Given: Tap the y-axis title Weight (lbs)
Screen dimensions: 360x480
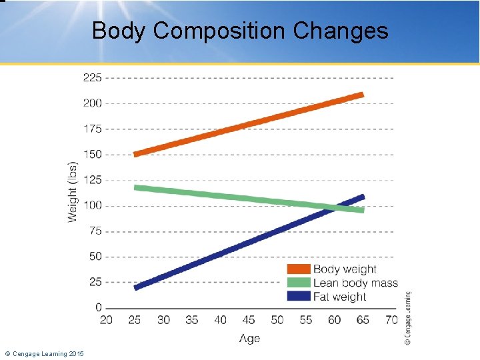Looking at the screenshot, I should pos(73,191).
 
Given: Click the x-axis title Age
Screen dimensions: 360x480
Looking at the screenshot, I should pos(249,339).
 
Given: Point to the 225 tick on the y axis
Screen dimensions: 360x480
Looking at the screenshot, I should pos(93,77).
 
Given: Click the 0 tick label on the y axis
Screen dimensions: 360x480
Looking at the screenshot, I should pos(99,308).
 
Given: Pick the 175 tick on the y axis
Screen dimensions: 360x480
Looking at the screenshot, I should pos(93,129).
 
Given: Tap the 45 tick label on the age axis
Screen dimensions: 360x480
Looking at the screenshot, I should pos(249,320).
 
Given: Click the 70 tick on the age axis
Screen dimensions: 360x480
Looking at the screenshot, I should pos(391,320).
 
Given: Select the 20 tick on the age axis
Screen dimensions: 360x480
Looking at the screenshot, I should pos(106,320).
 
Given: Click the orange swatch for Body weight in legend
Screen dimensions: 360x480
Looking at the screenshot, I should pos(299,269).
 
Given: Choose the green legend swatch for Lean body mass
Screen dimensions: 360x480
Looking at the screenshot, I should pos(299,283).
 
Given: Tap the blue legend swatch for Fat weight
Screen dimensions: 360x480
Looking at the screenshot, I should pos(299,296).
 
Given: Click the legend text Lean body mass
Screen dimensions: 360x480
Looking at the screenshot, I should pos(355,283).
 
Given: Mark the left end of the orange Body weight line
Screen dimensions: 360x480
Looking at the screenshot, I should pos(136,154).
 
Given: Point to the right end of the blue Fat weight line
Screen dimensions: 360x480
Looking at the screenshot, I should pos(363,197).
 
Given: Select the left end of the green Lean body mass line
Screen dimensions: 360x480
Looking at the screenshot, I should pos(136,187).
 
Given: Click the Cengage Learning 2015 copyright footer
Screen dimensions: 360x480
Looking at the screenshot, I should pos(44,353).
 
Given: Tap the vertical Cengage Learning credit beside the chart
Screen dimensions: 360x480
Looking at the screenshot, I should pos(408,317).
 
